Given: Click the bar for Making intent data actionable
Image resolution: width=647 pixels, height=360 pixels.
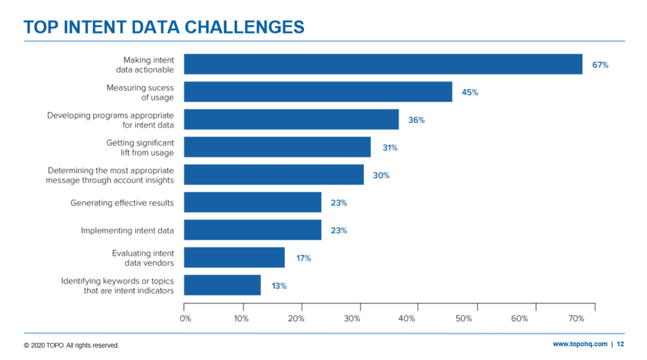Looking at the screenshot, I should point(382,64).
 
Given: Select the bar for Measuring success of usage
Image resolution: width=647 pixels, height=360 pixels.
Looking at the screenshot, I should point(317,92).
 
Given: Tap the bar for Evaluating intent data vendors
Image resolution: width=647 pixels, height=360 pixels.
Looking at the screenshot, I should point(234,258).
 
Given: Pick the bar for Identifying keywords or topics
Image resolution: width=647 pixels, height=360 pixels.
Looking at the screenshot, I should point(222,285).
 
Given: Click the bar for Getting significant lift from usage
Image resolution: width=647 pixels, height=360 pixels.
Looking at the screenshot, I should point(277,147).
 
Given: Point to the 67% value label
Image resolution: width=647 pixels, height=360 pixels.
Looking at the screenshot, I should point(600,65).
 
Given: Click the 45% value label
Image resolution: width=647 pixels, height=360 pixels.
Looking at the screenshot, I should point(469,92).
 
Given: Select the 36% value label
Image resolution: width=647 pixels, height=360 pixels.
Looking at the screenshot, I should point(416,120).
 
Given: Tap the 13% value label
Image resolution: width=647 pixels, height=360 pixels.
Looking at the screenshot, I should point(279,285).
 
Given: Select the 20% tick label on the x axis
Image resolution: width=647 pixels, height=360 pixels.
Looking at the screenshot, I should point(296,319).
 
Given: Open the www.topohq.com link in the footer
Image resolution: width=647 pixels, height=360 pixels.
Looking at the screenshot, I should point(580,344).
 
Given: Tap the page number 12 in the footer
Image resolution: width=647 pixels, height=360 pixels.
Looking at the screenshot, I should point(620,344).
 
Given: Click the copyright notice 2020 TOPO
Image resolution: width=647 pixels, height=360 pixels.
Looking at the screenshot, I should point(71,345).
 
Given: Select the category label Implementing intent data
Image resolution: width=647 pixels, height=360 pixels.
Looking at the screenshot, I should point(127,231).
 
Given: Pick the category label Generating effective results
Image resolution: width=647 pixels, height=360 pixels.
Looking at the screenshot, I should point(122,203).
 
